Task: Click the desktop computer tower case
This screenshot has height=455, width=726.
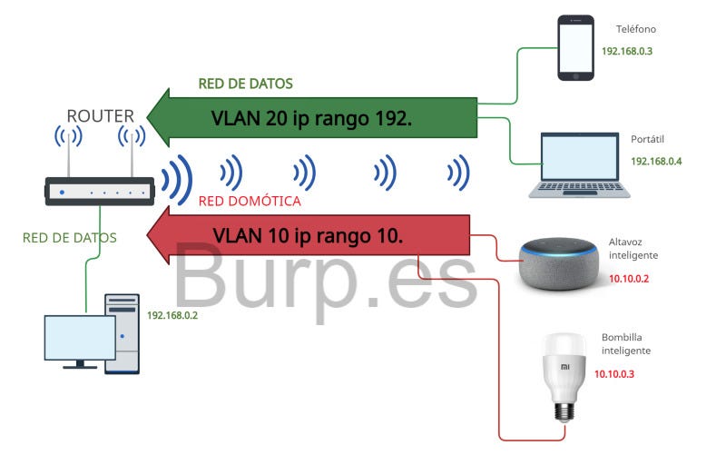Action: click(x=123, y=333)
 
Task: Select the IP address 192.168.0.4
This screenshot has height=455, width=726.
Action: click(x=656, y=161)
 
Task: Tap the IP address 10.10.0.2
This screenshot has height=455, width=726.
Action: click(x=629, y=279)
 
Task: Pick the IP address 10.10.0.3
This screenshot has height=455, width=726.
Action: click(x=615, y=373)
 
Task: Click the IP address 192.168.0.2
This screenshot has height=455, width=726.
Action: click(x=172, y=317)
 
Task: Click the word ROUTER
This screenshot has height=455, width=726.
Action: click(x=100, y=115)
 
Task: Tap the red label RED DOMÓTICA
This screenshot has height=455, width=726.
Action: click(x=249, y=202)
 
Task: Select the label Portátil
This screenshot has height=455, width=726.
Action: click(x=649, y=139)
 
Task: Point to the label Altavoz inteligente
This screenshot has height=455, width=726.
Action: click(x=630, y=250)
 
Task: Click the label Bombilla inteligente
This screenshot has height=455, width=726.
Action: click(x=626, y=343)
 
